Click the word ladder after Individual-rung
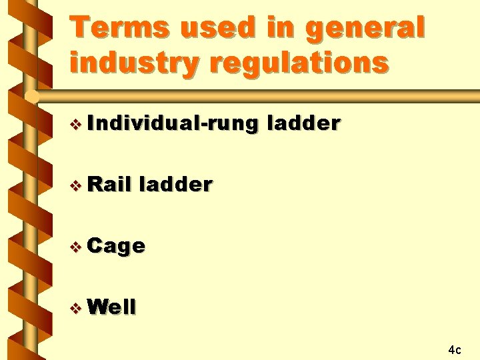[303, 123]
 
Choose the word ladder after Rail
[175, 184]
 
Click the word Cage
[116, 246]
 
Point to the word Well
[111, 307]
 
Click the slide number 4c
[455, 349]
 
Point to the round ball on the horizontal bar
[30, 97]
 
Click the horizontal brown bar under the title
[267, 97]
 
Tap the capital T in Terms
[83, 27]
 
